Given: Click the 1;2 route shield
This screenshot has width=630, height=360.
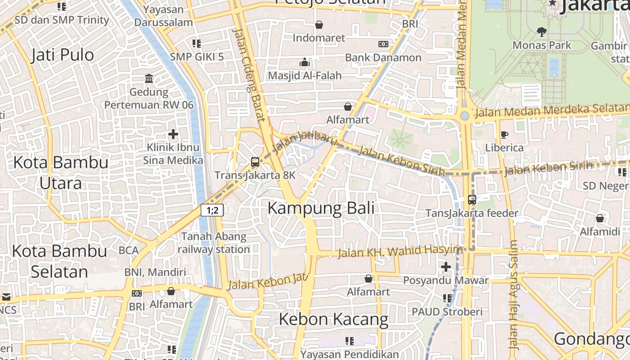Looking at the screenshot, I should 212,210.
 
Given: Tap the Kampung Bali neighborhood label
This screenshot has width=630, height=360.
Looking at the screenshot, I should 321,208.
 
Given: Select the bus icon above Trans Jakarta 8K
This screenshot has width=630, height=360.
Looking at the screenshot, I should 255,162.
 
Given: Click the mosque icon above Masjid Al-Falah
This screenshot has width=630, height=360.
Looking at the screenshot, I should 305,62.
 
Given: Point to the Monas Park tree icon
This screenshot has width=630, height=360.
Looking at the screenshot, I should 541,32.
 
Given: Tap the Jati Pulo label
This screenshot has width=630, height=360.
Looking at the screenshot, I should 63,55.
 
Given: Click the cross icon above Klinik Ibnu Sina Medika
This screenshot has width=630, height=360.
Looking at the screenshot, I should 173,134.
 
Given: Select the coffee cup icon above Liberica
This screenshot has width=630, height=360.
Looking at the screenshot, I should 504,135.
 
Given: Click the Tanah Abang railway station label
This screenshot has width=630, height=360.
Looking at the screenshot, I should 214,243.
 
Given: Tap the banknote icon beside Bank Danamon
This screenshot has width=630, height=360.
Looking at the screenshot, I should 383,44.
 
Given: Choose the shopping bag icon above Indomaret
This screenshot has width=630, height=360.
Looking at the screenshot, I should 319,25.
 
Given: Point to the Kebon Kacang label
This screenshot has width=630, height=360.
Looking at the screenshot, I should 333,319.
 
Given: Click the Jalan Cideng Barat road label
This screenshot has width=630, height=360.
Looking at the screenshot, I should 249,75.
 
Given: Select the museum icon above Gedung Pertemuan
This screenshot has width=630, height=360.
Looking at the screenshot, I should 149,79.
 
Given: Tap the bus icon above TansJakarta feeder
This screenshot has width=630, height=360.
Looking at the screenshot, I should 472,199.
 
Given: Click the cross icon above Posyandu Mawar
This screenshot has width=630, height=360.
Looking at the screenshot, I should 445,267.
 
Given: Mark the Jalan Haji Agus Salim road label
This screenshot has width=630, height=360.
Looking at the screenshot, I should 513,295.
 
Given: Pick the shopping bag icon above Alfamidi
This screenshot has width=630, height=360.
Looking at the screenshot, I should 599,219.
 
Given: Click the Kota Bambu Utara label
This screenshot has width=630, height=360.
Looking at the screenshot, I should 61,172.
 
